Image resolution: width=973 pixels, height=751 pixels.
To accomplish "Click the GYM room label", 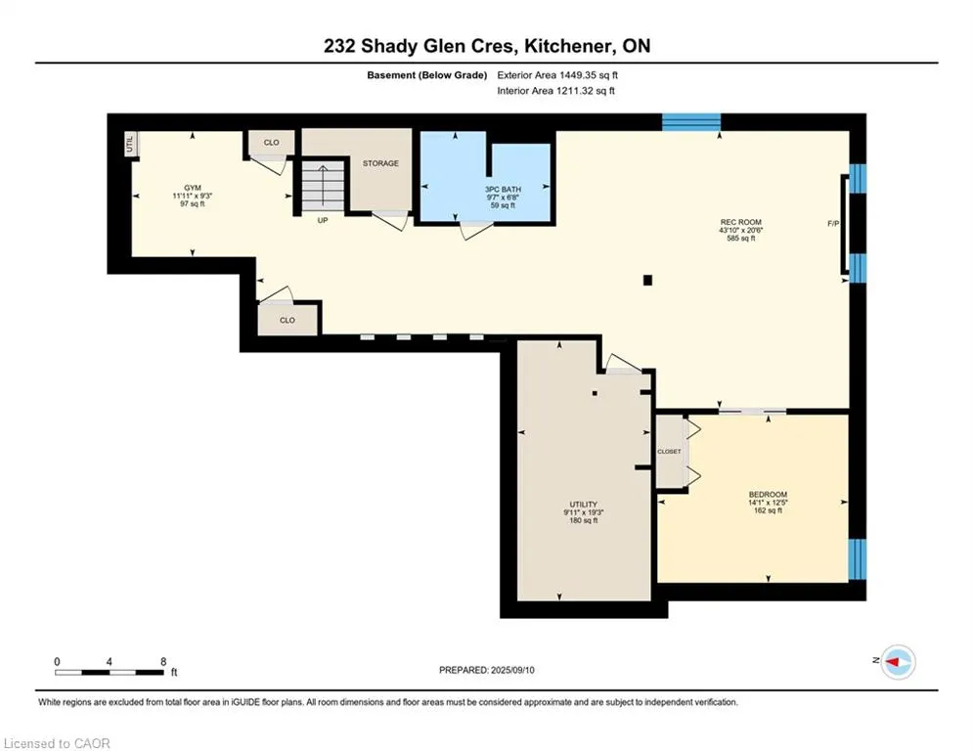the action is click(193, 188).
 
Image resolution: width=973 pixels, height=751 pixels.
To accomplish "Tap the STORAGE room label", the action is click(380, 163).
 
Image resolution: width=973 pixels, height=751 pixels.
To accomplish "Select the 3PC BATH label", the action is click(503, 190).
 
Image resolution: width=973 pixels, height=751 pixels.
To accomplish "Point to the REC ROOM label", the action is click(741, 222).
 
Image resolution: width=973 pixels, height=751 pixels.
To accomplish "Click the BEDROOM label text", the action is click(768, 495).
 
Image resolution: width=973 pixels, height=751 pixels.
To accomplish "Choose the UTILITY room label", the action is click(583, 505).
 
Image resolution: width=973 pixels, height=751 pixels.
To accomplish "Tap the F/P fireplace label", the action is click(833, 223).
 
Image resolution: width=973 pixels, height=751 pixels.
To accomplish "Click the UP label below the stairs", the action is click(323, 220).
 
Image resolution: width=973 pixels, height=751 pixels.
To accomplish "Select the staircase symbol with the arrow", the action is click(323, 185).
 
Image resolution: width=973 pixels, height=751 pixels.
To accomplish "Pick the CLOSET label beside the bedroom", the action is click(669, 451).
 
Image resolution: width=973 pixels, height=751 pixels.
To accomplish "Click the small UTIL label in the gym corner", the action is click(130, 145).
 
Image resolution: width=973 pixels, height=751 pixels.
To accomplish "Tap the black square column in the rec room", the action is click(647, 280).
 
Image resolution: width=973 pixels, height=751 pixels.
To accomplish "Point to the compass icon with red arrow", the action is click(899, 662).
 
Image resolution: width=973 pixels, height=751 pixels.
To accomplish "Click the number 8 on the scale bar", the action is click(163, 662).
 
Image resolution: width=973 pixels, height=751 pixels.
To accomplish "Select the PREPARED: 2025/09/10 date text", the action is click(487, 670).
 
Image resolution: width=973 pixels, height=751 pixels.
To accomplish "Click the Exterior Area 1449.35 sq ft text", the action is click(557, 75).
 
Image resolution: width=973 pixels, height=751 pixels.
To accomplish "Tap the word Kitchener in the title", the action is click(570, 46).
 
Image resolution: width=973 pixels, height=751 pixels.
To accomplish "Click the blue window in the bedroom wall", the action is click(857, 559).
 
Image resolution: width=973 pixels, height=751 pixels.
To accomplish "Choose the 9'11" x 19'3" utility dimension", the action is click(583, 512).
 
